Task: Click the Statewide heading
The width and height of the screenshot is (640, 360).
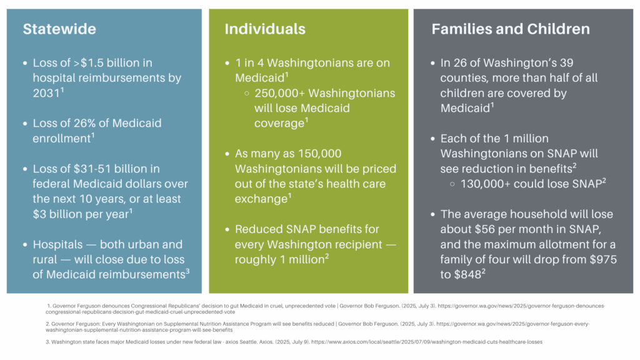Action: (59, 29)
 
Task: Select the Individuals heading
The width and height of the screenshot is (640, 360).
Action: (265, 29)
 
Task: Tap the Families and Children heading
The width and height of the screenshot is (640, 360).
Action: (511, 29)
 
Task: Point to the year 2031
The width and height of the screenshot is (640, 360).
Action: (46, 93)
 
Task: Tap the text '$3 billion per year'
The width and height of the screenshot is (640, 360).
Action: (81, 214)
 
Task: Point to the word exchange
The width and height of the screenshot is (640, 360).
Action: (261, 199)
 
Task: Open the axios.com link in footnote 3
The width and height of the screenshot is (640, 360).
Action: (427, 342)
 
